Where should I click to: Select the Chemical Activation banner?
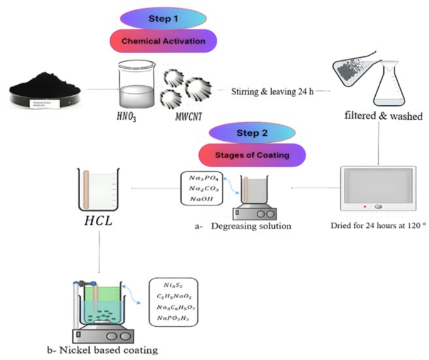(x=163, y=41)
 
